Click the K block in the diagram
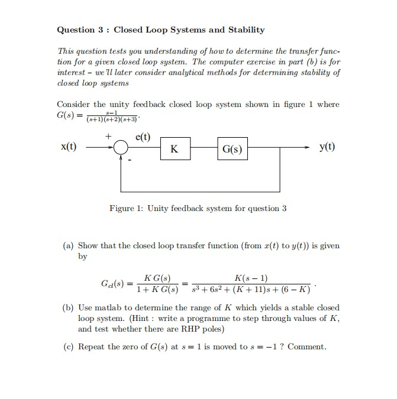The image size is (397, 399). (174, 149)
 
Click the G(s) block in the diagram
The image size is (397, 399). (233, 149)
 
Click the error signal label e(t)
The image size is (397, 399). (143, 138)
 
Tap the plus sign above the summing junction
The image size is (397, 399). (108, 137)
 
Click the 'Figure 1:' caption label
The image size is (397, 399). (127, 208)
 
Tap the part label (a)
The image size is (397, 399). (69, 245)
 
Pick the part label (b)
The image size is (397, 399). (69, 308)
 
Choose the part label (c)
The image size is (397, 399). (69, 346)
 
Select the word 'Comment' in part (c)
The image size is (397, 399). (307, 346)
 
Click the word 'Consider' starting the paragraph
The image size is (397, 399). (73, 105)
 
